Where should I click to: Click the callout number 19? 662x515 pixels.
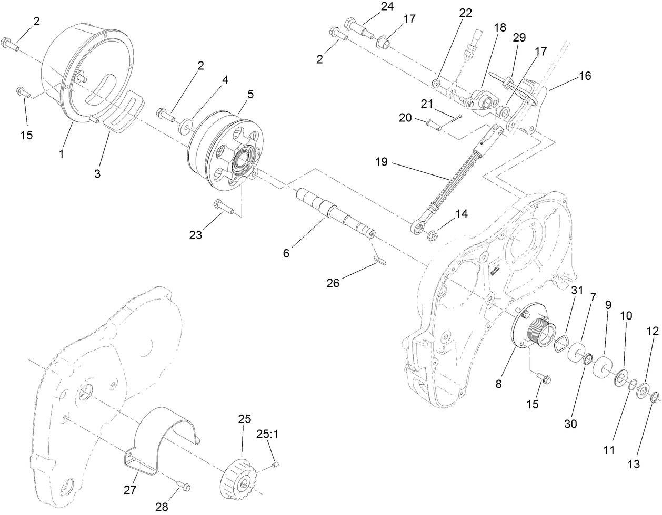[x=382, y=162]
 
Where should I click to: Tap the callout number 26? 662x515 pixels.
[x=333, y=283]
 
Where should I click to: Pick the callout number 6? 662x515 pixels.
[x=286, y=253]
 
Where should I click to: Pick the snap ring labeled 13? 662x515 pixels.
[x=654, y=398]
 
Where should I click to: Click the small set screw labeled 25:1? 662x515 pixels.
[x=275, y=464]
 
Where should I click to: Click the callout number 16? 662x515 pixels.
[x=585, y=76]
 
